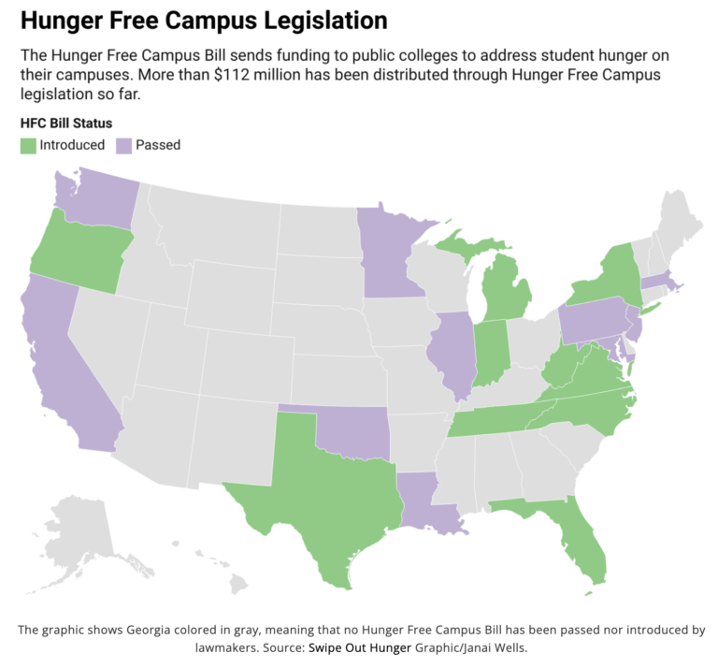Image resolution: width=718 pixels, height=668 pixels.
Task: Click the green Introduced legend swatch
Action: (27, 145)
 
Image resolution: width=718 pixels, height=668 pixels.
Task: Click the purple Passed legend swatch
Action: (123, 145)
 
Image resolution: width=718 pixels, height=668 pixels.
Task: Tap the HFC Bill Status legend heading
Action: (65, 123)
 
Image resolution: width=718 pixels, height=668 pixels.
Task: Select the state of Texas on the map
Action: (327, 496)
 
